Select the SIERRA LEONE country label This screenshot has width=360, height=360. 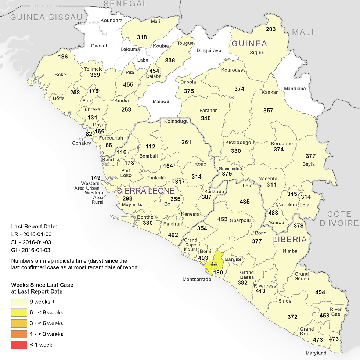145,191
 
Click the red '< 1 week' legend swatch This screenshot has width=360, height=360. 19,345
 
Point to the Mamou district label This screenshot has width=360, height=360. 161,101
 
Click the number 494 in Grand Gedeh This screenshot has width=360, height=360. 320,292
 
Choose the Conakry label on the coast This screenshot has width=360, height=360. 81,143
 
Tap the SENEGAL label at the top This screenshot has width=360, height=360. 125,4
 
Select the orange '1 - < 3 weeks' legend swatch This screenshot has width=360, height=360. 19,334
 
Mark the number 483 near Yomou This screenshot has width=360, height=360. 274,213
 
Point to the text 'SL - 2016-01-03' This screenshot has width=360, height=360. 31,242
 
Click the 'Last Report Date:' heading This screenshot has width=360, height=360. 35,226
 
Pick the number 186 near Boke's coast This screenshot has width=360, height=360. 63,57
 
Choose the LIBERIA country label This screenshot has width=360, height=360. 289,240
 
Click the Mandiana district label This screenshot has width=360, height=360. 295,89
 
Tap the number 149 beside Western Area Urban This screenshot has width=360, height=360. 96,178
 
